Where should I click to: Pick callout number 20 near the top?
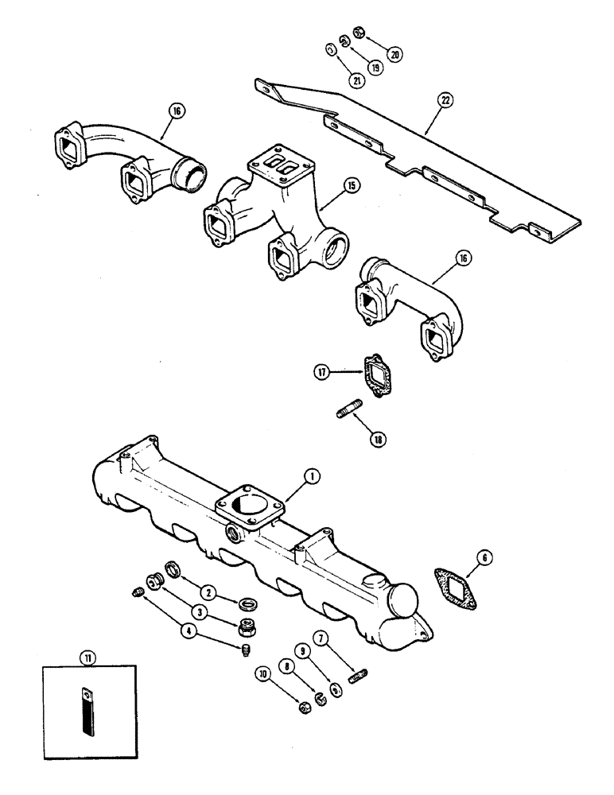(394, 53)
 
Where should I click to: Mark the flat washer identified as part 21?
(331, 50)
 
